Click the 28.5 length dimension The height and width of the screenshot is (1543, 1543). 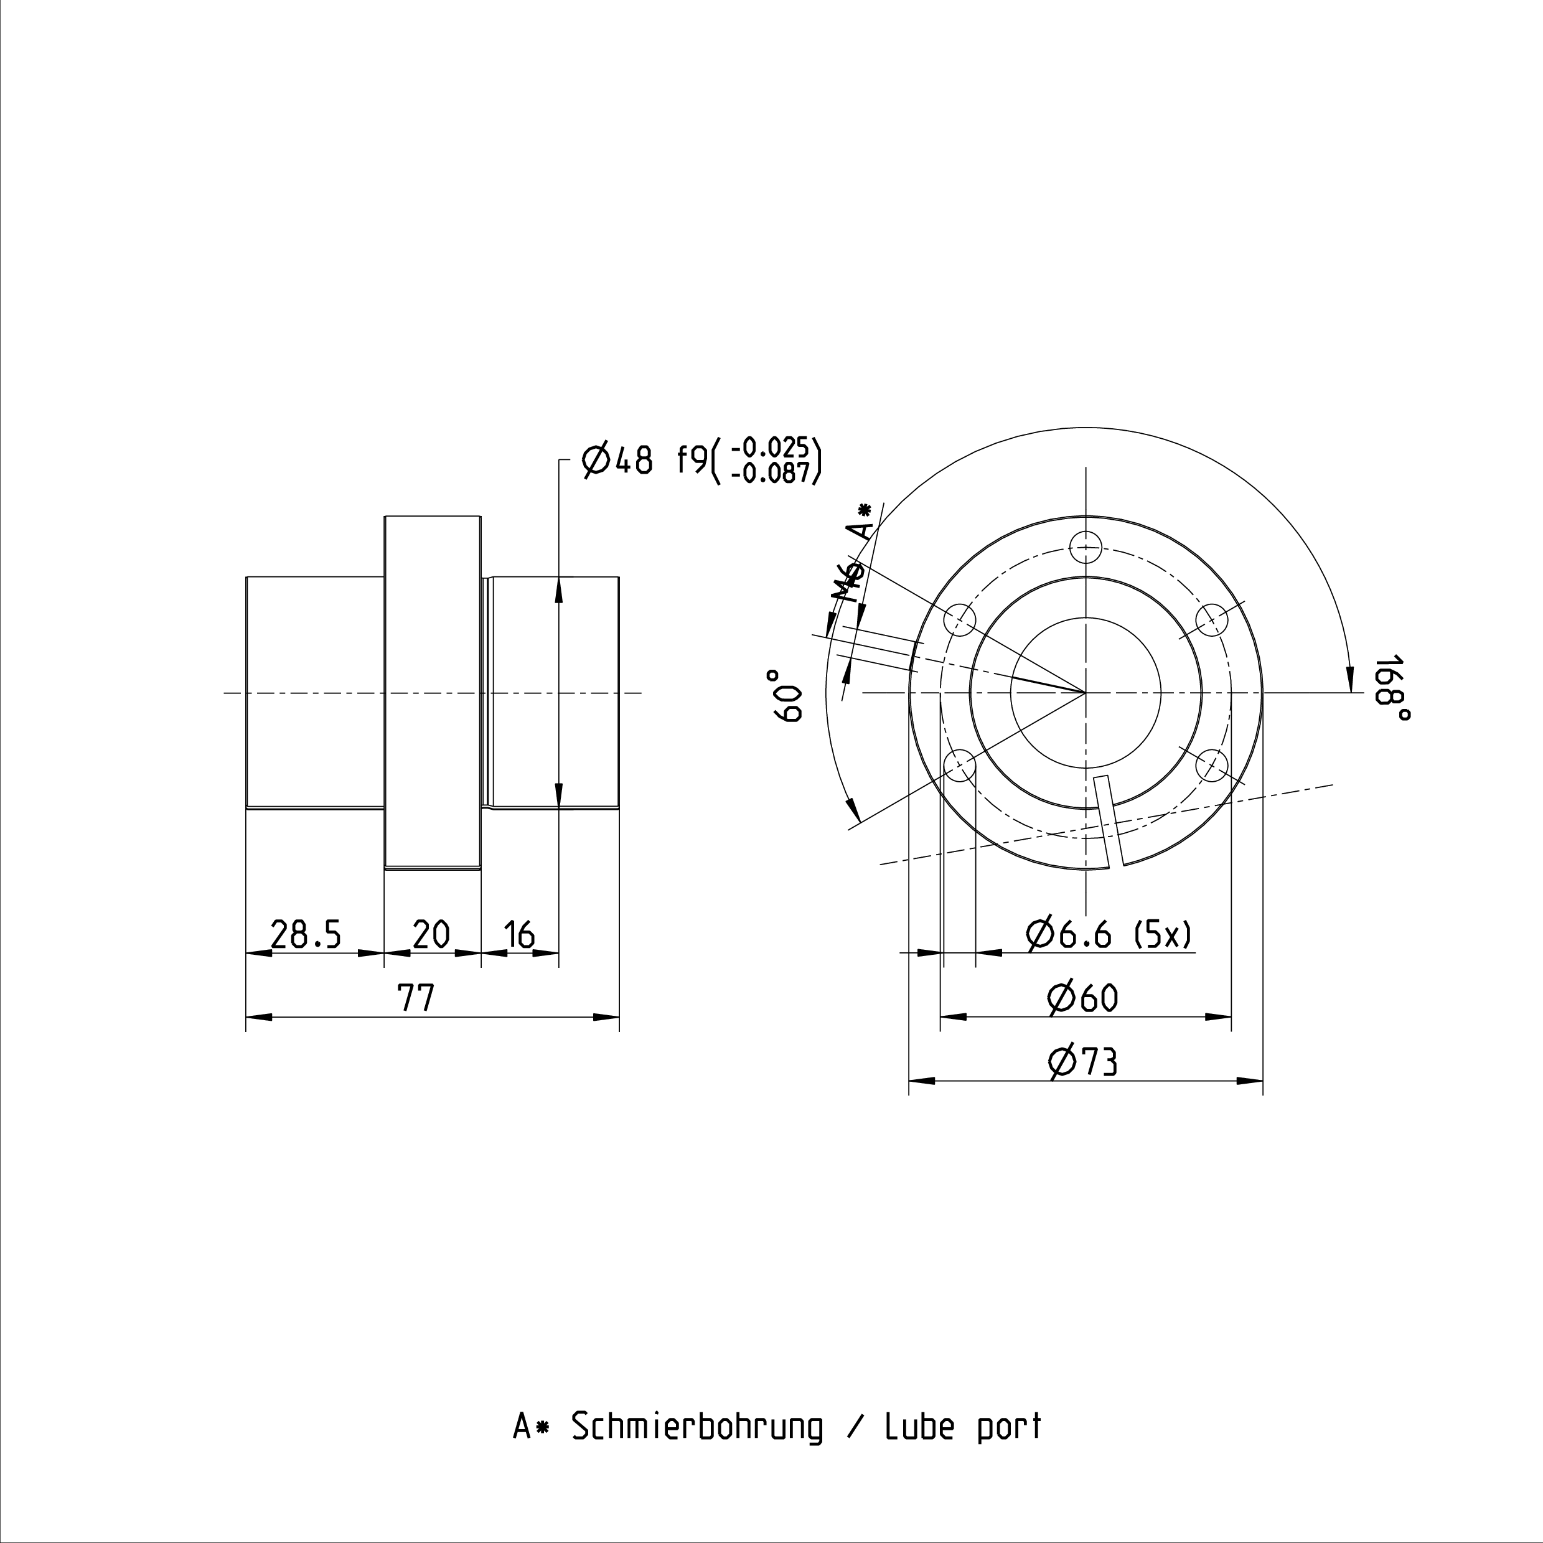(306, 934)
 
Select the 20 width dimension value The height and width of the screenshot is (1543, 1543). (431, 934)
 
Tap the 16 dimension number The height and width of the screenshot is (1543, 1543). (520, 934)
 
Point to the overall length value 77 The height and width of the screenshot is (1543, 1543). (416, 998)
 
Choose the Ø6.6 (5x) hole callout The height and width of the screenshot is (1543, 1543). (1110, 934)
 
